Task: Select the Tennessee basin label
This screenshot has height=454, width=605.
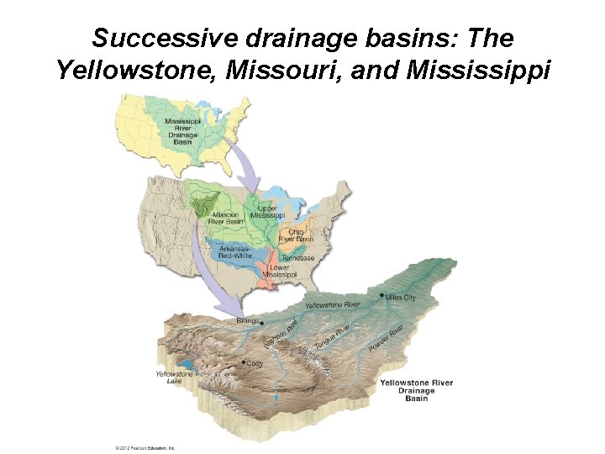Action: tap(298, 258)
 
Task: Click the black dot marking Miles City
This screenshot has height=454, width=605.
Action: tap(383, 296)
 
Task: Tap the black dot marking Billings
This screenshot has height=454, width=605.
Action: tap(261, 322)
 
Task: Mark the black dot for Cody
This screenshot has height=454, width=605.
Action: tap(244, 362)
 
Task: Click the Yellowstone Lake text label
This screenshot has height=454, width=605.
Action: tap(174, 377)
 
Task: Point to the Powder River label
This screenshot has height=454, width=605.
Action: tap(387, 337)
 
